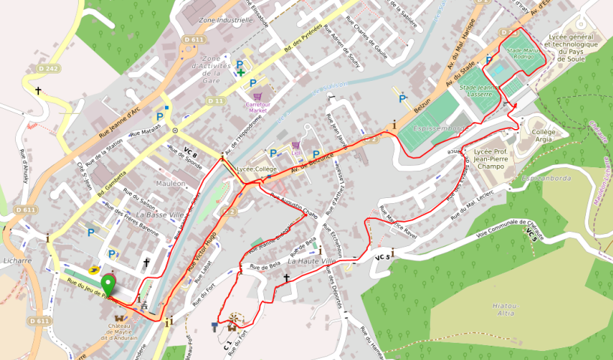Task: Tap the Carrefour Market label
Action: coord(257,106)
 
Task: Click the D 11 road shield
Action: coord(215,100)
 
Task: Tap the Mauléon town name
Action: coord(171,183)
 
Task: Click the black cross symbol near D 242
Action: coord(38,90)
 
